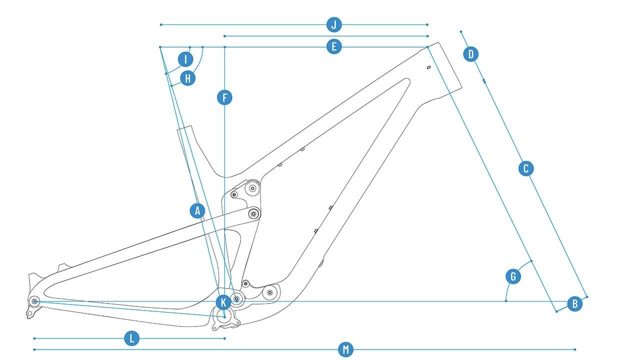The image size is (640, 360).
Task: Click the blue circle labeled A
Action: point(197,210)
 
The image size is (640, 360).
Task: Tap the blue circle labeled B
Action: point(575,303)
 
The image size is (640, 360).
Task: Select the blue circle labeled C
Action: point(525,168)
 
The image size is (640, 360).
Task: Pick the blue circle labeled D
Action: point(471,53)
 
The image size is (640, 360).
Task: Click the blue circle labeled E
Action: point(334,47)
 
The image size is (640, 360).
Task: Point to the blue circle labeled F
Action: point(225,97)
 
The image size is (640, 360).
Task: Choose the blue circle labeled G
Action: point(513,276)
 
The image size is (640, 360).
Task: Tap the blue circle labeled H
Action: point(187,78)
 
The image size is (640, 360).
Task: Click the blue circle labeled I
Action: point(185,59)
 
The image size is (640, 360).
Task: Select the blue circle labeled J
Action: point(334,24)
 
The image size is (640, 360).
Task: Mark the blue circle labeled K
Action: point(223,302)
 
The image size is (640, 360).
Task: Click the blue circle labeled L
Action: point(131,338)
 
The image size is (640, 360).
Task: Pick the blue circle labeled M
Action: point(345,349)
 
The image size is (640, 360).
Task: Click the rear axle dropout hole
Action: point(34,301)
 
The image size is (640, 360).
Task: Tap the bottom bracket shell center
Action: point(224,316)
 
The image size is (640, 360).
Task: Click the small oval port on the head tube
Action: point(428,67)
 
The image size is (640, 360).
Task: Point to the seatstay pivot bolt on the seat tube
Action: point(253,214)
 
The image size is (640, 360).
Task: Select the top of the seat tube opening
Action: point(185,128)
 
